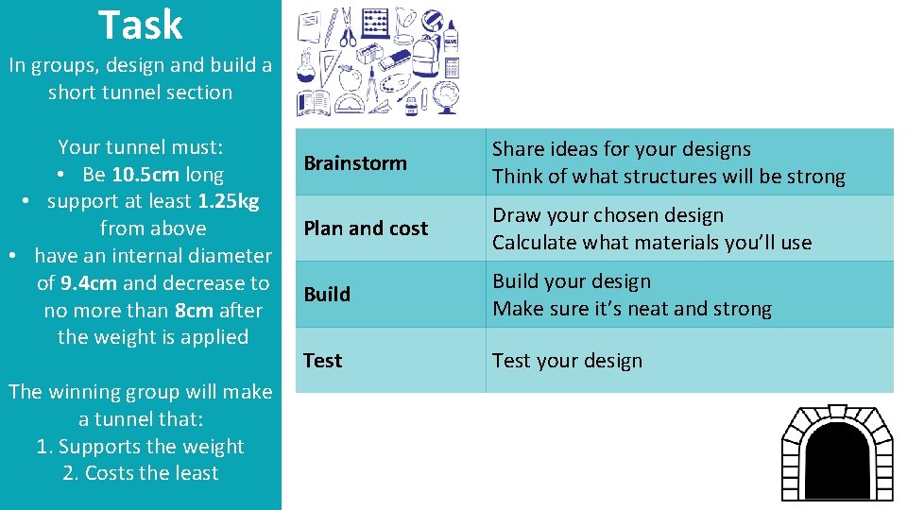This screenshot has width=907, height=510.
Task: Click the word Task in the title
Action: tap(140, 25)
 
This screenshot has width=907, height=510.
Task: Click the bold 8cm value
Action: tap(195, 311)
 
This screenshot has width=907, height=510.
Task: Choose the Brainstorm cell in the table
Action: tap(354, 162)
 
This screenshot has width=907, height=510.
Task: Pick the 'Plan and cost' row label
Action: tap(365, 229)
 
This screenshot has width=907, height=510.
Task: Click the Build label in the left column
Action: tap(327, 295)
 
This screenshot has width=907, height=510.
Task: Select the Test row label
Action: tap(322, 361)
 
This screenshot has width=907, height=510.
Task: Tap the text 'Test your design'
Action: tap(567, 361)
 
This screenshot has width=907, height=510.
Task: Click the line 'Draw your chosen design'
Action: tap(608, 215)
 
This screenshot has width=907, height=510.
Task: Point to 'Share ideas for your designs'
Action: tap(621, 149)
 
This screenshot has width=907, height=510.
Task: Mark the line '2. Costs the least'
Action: tap(140, 473)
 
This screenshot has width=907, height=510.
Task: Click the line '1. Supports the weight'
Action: tap(140, 447)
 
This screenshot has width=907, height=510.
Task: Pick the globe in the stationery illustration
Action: tap(445, 97)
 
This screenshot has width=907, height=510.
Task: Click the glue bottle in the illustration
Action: tap(450, 38)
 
